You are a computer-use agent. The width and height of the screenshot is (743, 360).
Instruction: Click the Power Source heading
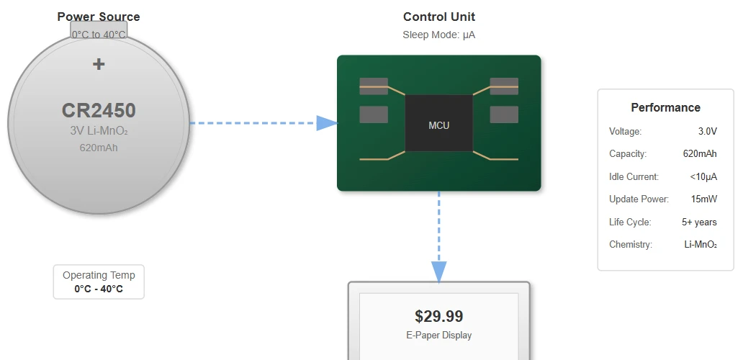[99, 17]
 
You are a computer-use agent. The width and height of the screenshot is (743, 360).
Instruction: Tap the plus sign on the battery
[99, 64]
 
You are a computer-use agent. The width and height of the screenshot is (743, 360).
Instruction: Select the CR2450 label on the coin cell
[99, 111]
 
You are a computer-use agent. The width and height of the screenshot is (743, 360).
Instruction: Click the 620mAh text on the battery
[99, 148]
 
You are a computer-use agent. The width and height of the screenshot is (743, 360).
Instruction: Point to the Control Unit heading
[438, 17]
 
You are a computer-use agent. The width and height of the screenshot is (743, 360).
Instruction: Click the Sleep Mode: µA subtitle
[438, 35]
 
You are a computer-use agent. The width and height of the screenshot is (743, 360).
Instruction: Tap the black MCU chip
[438, 123]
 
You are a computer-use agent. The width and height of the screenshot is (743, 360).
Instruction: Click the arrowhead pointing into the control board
[328, 123]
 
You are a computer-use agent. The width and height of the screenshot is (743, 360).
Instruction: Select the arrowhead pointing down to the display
[438, 272]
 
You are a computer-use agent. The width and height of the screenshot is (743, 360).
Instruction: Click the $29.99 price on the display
[438, 316]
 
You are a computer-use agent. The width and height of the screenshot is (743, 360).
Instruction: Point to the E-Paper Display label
[438, 336]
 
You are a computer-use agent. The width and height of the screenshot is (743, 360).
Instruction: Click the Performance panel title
[665, 107]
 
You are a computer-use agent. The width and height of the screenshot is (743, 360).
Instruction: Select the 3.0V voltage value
[708, 132]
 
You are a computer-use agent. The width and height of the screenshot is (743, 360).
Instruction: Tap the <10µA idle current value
[703, 177]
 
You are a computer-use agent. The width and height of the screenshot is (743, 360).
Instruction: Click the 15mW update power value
[704, 199]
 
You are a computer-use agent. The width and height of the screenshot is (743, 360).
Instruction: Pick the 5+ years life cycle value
[699, 222]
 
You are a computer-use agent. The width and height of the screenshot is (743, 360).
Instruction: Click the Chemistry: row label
[631, 245]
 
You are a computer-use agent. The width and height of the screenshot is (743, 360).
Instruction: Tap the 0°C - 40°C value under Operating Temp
[99, 289]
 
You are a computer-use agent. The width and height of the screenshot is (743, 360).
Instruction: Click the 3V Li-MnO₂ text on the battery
[99, 131]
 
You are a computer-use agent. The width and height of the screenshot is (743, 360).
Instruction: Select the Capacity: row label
[628, 154]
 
